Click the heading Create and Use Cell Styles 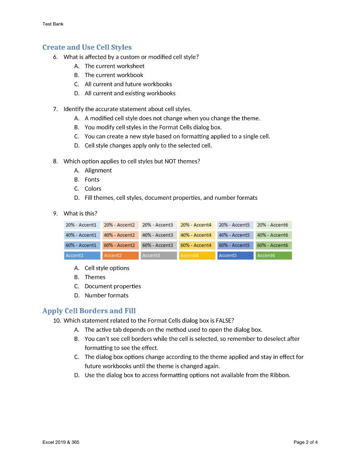click(x=87, y=47)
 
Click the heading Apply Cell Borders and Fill click(x=89, y=311)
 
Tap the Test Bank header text click(x=53, y=24)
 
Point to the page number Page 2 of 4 click(x=306, y=442)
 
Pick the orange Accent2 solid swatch click(x=121, y=255)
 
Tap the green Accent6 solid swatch click(x=274, y=255)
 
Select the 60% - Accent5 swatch click(x=235, y=245)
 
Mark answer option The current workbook click(x=114, y=75)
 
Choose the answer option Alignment click(x=98, y=170)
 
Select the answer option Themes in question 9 click(x=95, y=277)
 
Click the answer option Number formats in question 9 click(x=106, y=295)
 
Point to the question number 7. click(x=55, y=109)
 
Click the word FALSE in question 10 click(x=224, y=320)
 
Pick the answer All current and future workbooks click(x=128, y=84)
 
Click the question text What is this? click(x=80, y=213)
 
